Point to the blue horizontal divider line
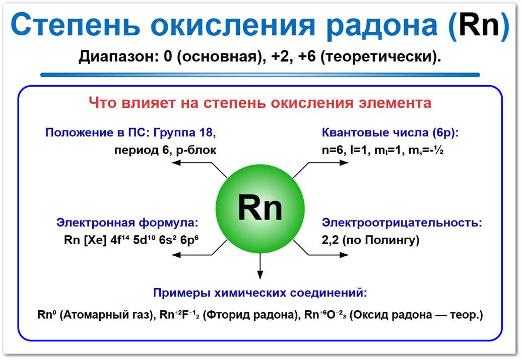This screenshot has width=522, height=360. coord(260,75)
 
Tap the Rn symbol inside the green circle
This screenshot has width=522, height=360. coord(260,207)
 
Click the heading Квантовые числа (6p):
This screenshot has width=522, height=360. coord(390,133)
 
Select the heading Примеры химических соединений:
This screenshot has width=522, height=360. coord(260,293)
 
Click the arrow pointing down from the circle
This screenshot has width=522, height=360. coord(260,267)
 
